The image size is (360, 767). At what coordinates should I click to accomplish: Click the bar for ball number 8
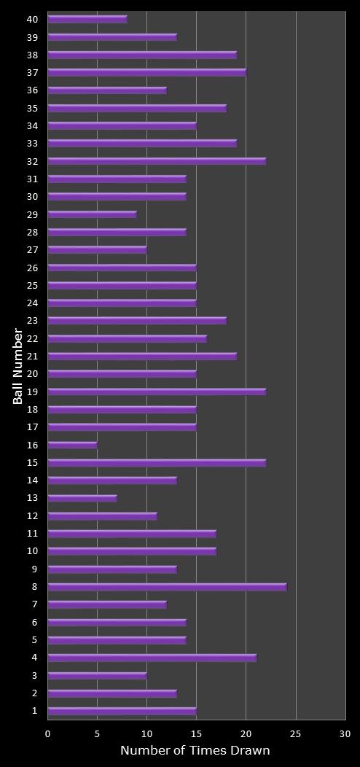pyautogui.click(x=167, y=587)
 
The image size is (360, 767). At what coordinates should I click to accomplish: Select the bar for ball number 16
pyautogui.click(x=72, y=445)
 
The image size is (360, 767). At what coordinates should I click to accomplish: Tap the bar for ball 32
pyautogui.click(x=157, y=161)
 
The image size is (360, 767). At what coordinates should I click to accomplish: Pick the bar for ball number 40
pyautogui.click(x=87, y=19)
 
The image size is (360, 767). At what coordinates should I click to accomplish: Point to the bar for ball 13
pyautogui.click(x=82, y=498)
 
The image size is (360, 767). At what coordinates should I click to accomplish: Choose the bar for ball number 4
pyautogui.click(x=152, y=658)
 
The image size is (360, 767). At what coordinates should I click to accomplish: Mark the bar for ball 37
pyautogui.click(x=146, y=72)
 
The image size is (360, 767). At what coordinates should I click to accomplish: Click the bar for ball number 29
pyautogui.click(x=92, y=214)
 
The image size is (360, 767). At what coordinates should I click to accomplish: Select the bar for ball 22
pyautogui.click(x=127, y=338)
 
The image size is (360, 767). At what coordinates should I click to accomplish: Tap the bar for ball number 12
pyautogui.click(x=102, y=516)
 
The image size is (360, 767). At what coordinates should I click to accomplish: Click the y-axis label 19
pyautogui.click(x=33, y=392)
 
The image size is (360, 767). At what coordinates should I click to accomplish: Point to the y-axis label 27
pyautogui.click(x=33, y=249)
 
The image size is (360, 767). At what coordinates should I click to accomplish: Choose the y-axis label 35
pyautogui.click(x=33, y=108)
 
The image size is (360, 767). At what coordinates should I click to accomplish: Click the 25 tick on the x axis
pyautogui.click(x=296, y=734)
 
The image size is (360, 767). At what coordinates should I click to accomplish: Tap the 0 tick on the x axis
pyautogui.click(x=48, y=734)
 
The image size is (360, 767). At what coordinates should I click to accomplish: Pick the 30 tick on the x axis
pyautogui.click(x=345, y=734)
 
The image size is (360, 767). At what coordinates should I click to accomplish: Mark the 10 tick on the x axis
pyautogui.click(x=146, y=734)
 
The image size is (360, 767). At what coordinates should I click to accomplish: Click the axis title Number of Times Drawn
pyautogui.click(x=195, y=751)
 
